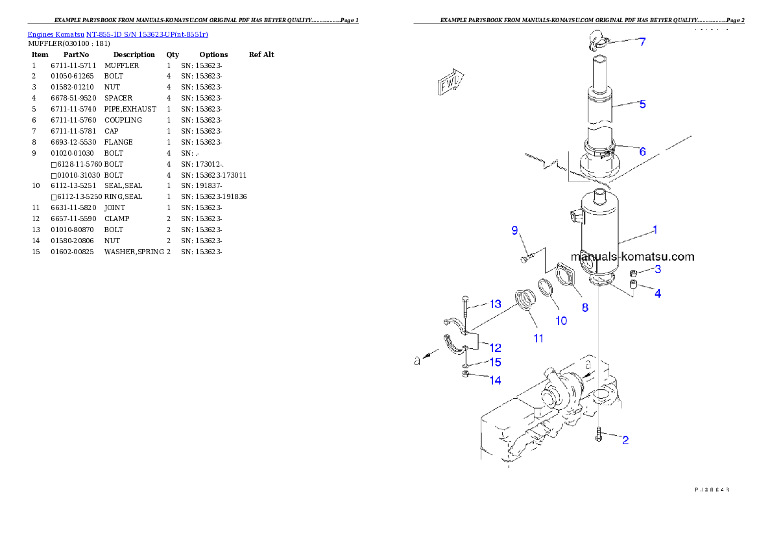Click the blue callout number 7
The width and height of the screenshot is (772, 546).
642,43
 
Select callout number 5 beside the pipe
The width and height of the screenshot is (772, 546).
642,104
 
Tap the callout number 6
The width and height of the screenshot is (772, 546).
642,152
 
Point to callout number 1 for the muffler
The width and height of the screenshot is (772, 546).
655,230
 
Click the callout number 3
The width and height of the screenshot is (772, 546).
657,270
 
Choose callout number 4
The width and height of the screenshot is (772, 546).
657,294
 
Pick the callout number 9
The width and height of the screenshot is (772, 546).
514,230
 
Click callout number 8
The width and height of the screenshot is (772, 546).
585,308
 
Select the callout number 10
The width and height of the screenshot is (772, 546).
561,320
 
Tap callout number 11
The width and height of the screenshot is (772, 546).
538,338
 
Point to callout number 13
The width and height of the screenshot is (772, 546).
495,304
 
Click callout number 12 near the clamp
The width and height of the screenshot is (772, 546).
495,348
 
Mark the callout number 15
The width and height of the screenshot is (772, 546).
495,362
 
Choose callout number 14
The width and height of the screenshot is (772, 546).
495,381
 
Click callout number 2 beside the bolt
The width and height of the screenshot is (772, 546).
625,441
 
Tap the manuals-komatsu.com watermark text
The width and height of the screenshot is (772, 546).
633,257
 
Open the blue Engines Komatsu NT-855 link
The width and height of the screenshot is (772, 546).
117,34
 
